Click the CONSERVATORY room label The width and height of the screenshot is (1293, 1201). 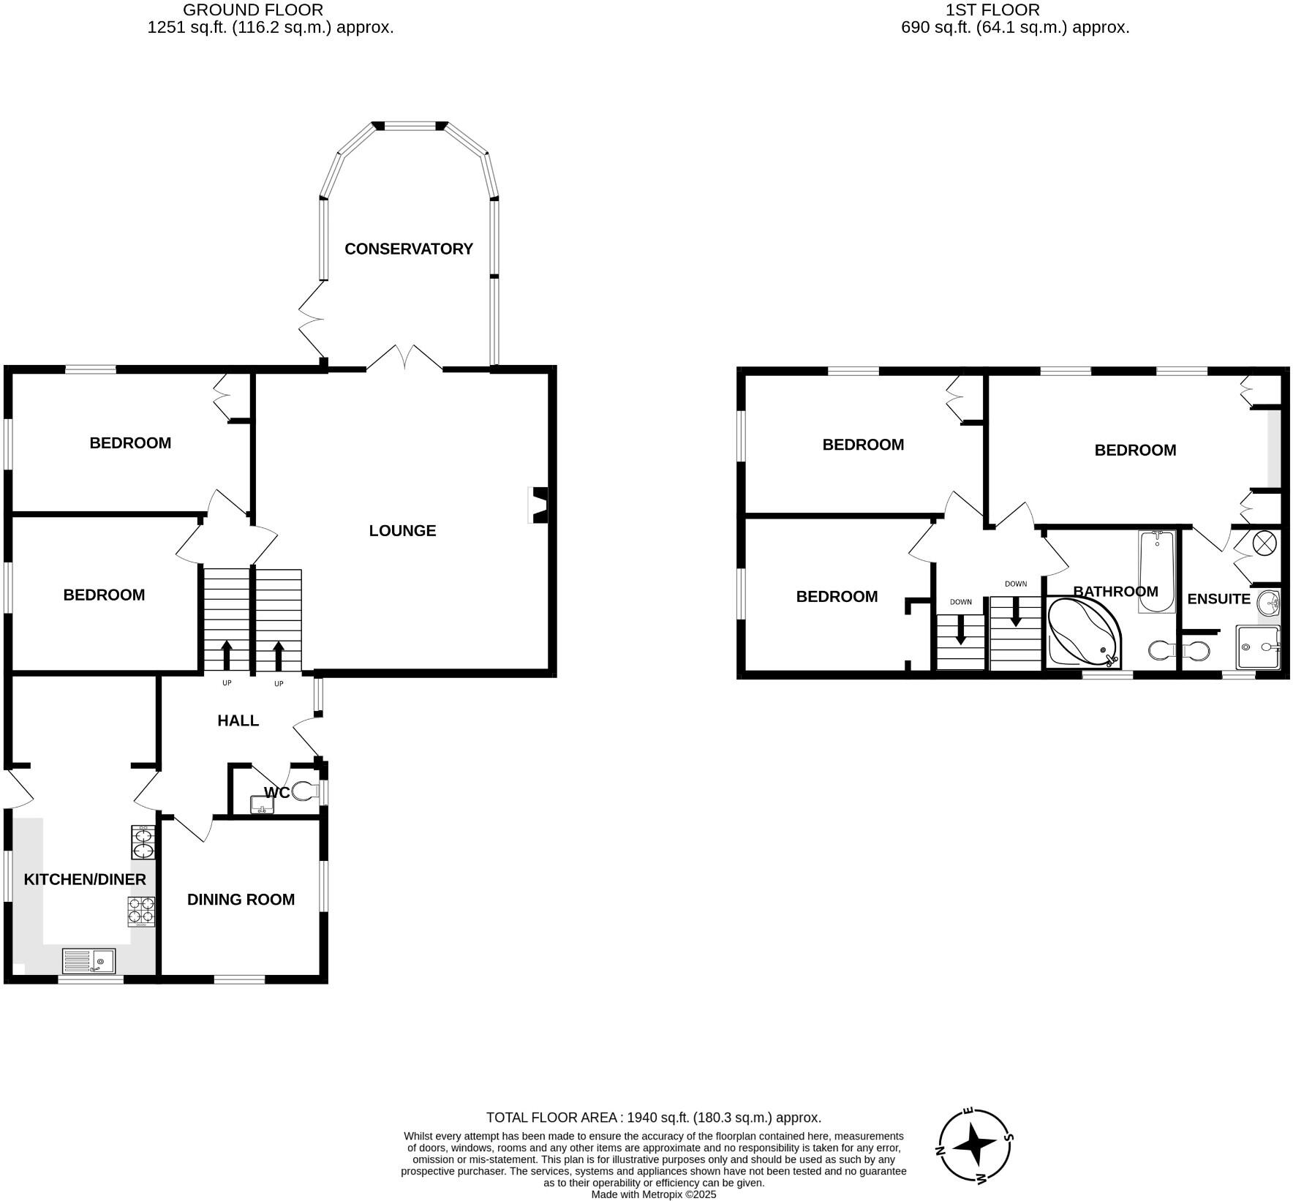click(x=409, y=249)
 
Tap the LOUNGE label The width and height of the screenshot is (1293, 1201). click(x=402, y=530)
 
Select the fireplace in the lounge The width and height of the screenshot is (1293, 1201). click(x=538, y=505)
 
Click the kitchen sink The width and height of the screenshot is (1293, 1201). click(x=88, y=960)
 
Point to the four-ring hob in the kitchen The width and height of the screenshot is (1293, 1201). click(x=142, y=911)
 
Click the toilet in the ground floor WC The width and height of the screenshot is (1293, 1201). click(x=306, y=791)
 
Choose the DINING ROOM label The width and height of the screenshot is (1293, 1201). click(x=241, y=900)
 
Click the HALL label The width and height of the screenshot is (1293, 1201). click(x=238, y=720)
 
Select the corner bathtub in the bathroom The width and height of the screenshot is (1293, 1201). click(x=1082, y=633)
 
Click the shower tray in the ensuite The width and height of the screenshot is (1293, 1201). click(x=1258, y=647)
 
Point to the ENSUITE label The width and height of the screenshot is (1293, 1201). click(x=1218, y=599)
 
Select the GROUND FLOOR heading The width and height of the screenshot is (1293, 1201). click(x=252, y=10)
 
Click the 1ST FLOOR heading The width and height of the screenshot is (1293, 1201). click(x=992, y=10)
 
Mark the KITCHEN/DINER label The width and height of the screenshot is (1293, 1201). click(x=85, y=879)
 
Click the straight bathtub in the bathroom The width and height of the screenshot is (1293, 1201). click(x=1156, y=571)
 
